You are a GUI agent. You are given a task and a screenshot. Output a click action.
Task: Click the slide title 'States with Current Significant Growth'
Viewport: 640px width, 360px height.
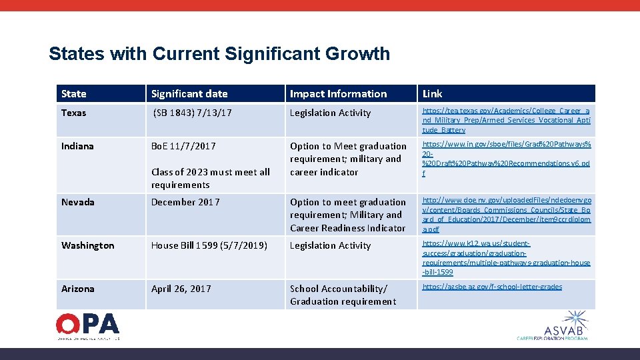[x=219, y=54]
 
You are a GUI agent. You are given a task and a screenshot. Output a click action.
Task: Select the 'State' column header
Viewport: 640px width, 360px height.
[x=74, y=94]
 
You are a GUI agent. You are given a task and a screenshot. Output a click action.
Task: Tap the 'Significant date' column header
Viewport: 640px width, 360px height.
[x=189, y=94]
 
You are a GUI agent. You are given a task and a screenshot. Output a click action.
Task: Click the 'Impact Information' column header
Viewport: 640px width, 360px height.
[x=338, y=94]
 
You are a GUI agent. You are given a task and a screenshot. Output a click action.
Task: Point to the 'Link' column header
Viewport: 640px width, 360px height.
[x=432, y=94]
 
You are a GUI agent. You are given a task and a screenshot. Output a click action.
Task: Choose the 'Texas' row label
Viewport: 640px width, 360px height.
[x=74, y=113]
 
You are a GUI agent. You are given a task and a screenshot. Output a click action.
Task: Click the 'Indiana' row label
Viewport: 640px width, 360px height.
[x=77, y=146]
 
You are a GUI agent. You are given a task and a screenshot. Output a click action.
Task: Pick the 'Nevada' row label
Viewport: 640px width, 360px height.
[x=78, y=202]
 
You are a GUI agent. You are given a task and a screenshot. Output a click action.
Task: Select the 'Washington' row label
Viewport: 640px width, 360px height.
[x=88, y=245]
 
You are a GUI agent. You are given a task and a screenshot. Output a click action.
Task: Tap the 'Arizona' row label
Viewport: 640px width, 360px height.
[x=77, y=289]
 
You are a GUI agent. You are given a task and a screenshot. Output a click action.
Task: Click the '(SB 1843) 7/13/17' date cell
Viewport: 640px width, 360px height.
[x=193, y=113]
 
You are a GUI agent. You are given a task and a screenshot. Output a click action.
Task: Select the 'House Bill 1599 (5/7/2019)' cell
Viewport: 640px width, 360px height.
[x=209, y=245]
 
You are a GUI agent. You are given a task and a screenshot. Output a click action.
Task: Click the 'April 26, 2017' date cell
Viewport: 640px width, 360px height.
[x=181, y=289]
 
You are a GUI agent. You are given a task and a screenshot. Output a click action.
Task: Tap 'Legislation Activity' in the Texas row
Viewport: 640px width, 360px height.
[x=330, y=113]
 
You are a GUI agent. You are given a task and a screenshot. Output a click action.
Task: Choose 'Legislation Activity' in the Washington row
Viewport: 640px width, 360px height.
[x=330, y=245]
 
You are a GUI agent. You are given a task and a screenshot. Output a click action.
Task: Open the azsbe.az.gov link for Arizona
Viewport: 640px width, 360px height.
[x=492, y=287]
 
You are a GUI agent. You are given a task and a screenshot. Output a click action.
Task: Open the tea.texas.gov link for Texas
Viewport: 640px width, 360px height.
[x=506, y=120]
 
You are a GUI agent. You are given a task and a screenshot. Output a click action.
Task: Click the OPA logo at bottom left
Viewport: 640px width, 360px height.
[x=88, y=325]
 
